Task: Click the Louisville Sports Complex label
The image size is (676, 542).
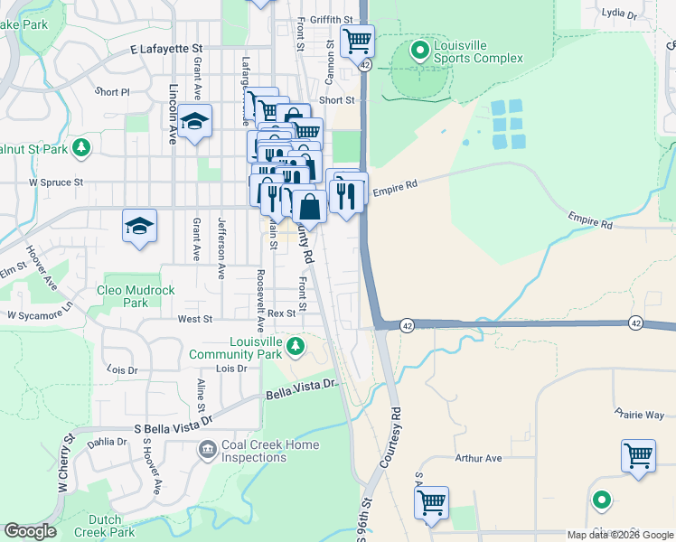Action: click(x=478, y=52)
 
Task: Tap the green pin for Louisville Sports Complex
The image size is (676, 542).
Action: click(x=419, y=51)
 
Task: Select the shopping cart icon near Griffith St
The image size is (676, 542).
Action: click(x=357, y=41)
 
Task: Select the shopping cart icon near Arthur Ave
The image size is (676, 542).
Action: click(x=638, y=454)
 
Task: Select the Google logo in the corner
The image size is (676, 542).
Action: click(x=29, y=531)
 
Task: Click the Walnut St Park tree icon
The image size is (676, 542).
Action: click(x=81, y=146)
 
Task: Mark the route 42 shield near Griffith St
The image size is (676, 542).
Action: click(x=363, y=65)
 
